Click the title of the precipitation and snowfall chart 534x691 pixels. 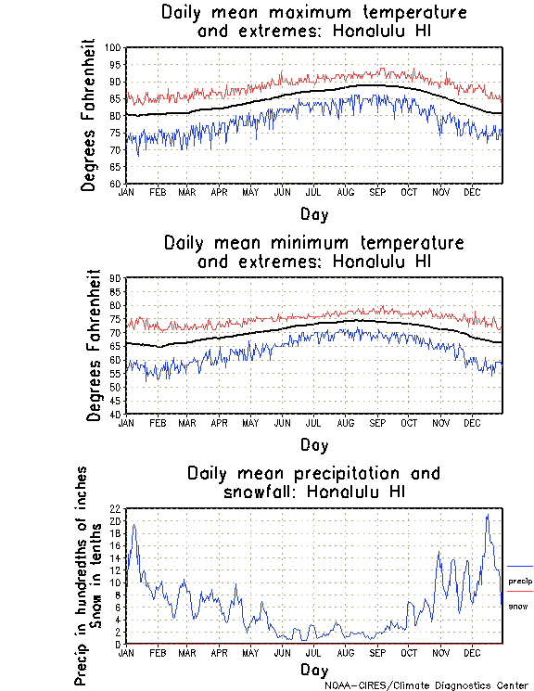click(313, 482)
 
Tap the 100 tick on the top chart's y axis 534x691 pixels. click(115, 48)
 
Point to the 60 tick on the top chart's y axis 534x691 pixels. click(117, 184)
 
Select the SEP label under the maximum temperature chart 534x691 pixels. click(377, 192)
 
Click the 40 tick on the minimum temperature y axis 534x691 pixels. click(117, 414)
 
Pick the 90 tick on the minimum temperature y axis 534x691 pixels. click(117, 278)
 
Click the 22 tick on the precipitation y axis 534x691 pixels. click(117, 509)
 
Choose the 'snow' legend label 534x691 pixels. click(518, 606)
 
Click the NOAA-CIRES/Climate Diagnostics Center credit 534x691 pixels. click(426, 685)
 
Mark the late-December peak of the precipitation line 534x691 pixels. click(488, 515)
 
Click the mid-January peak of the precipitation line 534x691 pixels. click(134, 525)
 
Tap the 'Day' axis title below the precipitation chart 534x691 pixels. click(313, 670)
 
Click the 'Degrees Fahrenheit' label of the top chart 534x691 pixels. click(89, 115)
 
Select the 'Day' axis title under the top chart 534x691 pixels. click(313, 214)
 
